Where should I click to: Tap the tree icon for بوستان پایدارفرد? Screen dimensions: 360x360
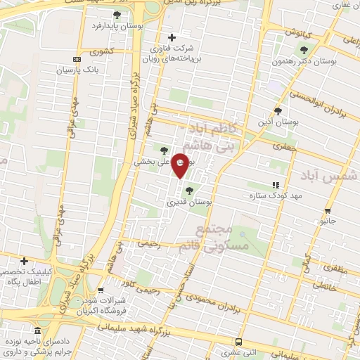(117, 15)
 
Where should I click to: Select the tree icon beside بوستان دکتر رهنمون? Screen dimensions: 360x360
(304, 50)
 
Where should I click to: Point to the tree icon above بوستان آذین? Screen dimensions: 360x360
(278, 110)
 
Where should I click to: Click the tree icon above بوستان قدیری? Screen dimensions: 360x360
(188, 190)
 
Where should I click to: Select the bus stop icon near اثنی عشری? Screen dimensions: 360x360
(238, 342)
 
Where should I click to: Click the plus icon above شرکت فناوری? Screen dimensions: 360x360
(172, 37)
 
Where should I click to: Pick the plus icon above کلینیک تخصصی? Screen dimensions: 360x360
(25, 261)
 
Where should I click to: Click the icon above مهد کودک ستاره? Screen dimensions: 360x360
(275, 184)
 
